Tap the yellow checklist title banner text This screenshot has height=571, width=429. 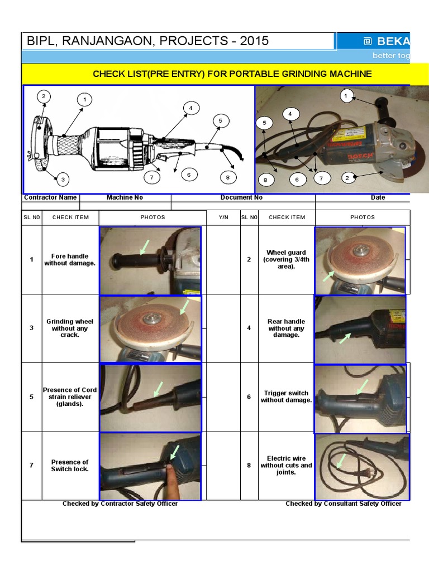(232, 74)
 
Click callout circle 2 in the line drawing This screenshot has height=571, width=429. (43, 96)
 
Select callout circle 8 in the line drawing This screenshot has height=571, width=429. (227, 178)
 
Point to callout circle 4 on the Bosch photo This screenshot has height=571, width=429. (290, 114)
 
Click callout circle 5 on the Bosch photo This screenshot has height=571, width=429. (264, 123)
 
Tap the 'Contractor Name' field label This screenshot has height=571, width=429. (50, 197)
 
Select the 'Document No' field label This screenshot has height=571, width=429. (241, 197)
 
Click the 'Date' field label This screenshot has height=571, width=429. (378, 197)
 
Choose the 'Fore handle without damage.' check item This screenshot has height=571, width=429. (70, 260)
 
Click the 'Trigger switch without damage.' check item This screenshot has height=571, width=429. (286, 396)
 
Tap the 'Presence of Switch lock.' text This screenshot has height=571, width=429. (70, 466)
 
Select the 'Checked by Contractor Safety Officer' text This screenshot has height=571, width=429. (120, 504)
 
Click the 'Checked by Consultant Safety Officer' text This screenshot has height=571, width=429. (343, 504)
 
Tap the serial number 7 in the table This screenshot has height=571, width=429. (31, 466)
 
